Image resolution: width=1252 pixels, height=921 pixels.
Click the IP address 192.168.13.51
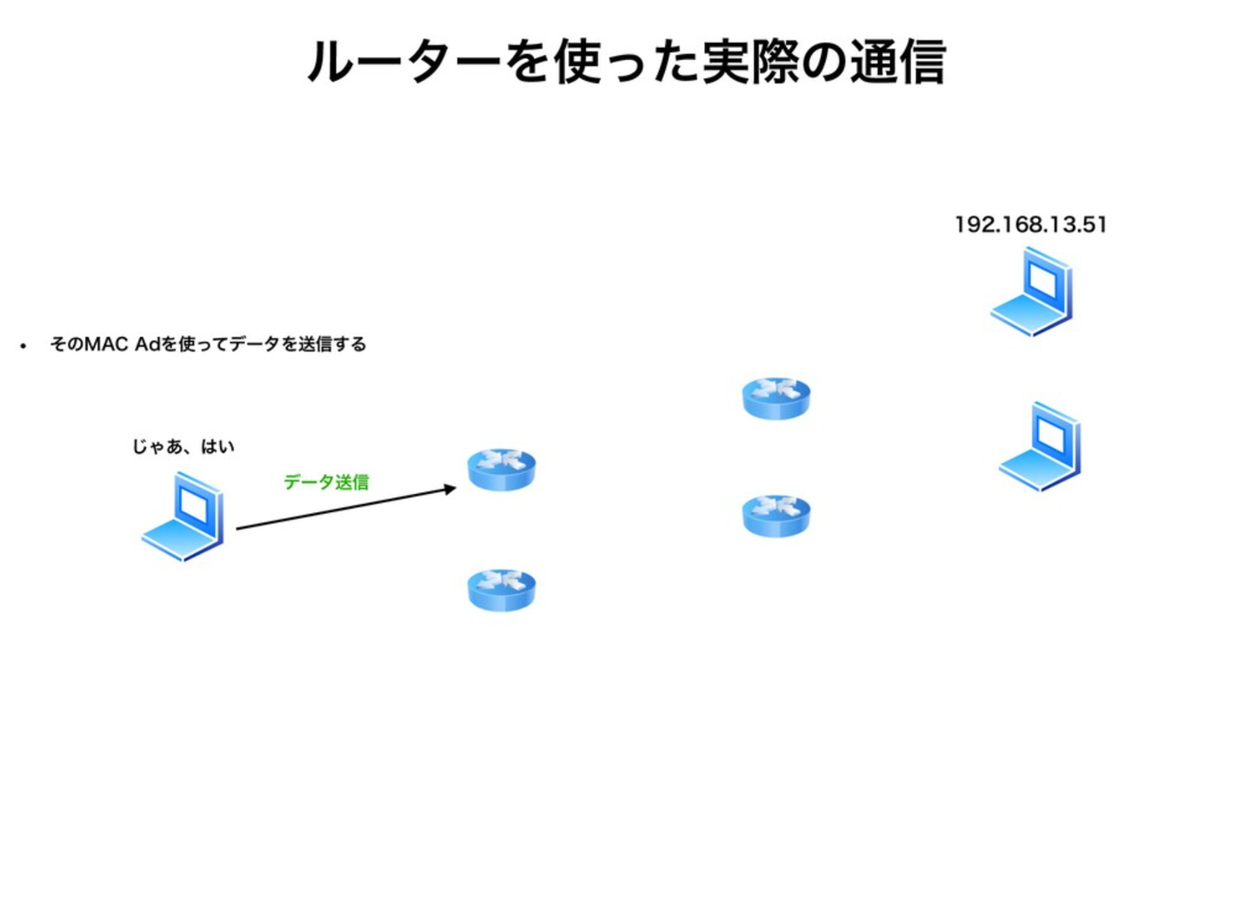(1030, 224)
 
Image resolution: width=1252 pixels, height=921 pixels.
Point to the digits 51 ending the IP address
(1095, 224)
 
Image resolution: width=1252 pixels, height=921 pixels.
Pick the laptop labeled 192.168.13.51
(1033, 292)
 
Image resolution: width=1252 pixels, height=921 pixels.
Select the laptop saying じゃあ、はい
(183, 517)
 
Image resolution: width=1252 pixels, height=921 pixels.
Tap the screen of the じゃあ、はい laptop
(195, 505)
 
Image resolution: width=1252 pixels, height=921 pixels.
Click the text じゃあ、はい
(183, 447)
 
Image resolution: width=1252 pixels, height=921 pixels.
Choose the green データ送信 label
(326, 482)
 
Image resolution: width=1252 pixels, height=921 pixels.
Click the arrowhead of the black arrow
(451, 489)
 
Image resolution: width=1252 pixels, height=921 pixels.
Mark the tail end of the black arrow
(239, 528)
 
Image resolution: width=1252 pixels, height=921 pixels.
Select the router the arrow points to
(502, 470)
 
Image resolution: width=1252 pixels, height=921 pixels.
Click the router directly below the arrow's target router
(502, 591)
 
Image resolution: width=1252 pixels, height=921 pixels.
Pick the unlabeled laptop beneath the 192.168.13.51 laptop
(1040, 448)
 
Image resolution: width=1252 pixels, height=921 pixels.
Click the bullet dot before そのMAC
(23, 346)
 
